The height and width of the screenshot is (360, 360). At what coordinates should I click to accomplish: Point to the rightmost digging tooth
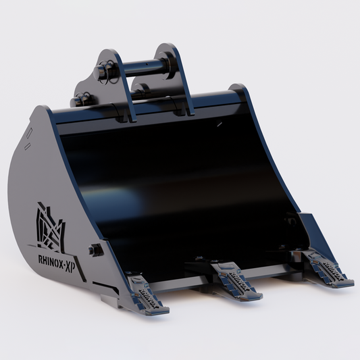coord(328,268)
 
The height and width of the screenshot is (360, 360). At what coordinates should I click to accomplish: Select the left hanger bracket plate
coord(112,84)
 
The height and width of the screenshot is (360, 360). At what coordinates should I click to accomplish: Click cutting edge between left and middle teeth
coord(193,284)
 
